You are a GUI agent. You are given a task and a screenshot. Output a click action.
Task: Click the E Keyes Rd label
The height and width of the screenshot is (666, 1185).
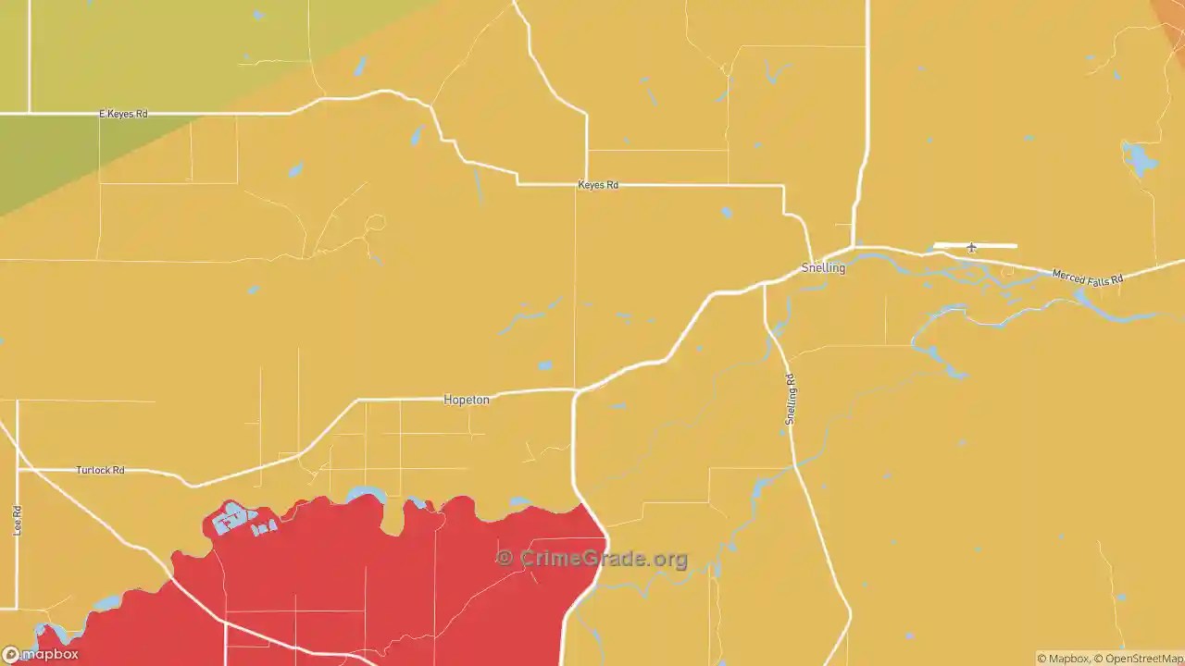pos(123,114)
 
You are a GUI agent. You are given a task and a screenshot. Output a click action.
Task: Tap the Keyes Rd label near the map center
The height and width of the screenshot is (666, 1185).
pos(597,185)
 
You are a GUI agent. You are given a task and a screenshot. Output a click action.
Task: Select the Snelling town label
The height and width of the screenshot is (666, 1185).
pos(823,268)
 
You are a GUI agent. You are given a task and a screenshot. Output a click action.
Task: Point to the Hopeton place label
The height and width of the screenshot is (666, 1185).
pos(466,400)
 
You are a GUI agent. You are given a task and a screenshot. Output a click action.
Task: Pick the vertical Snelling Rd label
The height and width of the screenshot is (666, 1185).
pos(791,399)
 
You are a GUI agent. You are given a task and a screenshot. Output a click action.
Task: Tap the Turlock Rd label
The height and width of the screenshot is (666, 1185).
pos(100,470)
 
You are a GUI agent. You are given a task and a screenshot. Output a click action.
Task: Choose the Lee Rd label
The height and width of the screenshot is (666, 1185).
pos(17,520)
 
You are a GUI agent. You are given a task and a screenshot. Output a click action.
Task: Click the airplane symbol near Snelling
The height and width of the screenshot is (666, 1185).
pos(971,248)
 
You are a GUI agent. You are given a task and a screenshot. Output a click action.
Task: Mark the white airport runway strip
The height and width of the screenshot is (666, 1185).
pos(995,245)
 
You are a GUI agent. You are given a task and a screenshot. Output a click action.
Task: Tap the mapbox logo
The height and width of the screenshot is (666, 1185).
pos(41,654)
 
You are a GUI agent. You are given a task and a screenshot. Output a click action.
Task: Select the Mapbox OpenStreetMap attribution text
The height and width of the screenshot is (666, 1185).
pos(1110,659)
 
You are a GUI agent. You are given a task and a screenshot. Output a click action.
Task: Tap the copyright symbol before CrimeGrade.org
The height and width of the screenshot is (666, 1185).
pos(505,558)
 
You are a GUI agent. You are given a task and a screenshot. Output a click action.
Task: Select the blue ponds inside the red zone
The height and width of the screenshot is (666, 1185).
pos(237,522)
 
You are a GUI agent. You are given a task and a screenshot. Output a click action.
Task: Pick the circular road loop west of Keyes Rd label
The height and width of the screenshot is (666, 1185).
pos(375,223)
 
